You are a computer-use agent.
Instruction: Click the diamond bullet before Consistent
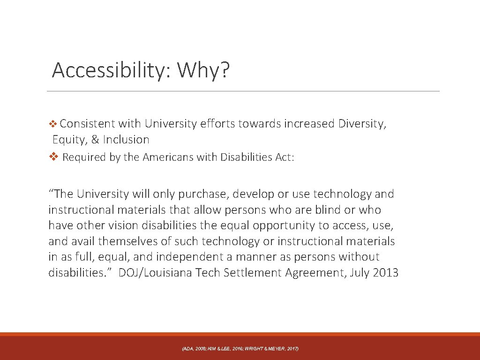coord(53,124)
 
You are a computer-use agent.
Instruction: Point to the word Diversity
coord(361,124)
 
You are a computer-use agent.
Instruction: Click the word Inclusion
coord(126,140)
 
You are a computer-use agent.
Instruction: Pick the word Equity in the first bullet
coord(69,140)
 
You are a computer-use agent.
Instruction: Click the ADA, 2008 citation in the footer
coord(193,349)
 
